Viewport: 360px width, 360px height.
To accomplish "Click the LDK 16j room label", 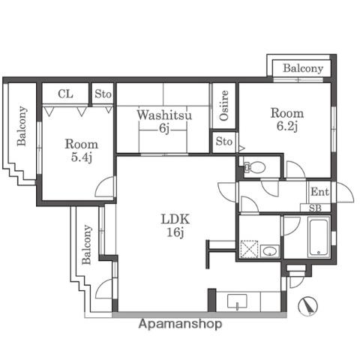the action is tap(175, 226).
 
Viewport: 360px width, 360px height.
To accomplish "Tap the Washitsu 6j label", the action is tap(164, 121).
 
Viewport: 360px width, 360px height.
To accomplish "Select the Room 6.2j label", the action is tap(287, 119).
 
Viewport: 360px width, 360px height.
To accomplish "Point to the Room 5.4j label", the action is tap(82, 151).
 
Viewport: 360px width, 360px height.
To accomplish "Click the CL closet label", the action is tap(65, 94).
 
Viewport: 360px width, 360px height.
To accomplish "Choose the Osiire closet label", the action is tap(224, 106).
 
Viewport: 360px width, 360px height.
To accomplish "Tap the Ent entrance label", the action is tap(319, 192).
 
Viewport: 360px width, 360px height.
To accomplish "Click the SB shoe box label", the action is tap(315, 208).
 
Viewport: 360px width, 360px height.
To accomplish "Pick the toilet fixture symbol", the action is tap(255, 166).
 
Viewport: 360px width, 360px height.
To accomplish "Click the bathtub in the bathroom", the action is tap(319, 237).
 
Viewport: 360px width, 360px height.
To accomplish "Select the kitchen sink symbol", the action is tap(237, 301).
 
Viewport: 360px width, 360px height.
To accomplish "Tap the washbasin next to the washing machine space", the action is tap(270, 250).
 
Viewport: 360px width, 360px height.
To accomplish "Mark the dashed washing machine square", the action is tap(249, 249).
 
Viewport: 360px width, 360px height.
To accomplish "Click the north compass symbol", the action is tap(308, 306).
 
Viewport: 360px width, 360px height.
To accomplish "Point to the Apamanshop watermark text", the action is tap(180, 324).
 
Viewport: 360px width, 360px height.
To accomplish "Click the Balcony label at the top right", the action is tap(303, 68).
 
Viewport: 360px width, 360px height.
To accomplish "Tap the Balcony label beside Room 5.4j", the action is tap(22, 126).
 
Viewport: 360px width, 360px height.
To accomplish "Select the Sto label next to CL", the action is tap(103, 94).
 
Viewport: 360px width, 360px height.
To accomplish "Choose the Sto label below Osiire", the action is tap(224, 142).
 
